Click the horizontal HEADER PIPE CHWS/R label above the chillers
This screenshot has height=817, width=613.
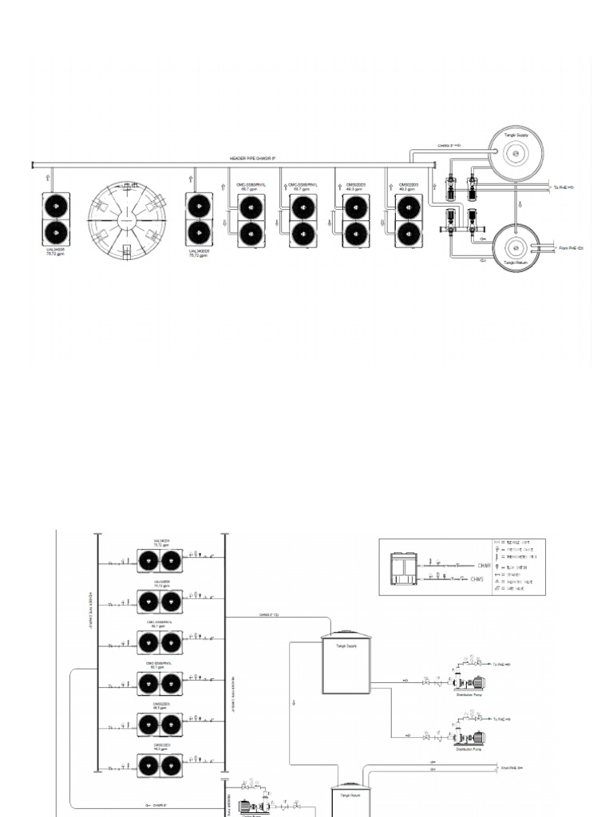pos(252,159)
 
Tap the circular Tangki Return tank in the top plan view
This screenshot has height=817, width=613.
pos(516,247)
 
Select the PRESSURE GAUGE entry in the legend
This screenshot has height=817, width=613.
pos(519,549)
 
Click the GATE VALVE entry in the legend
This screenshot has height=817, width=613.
pos(519,589)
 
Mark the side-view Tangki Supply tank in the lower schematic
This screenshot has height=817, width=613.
pos(345,664)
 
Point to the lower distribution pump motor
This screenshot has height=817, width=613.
pos(477,739)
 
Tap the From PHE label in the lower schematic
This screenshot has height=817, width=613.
pos(511,768)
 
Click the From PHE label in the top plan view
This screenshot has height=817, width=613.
pos(568,248)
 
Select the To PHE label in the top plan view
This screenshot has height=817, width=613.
pos(564,187)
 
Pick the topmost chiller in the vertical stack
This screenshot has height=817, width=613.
pos(160,561)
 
